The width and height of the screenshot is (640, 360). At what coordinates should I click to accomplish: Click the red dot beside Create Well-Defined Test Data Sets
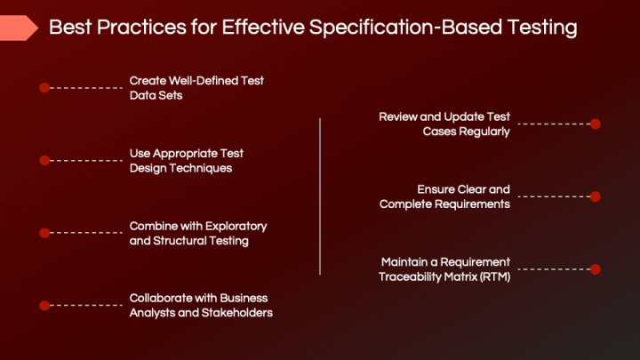(x=44, y=87)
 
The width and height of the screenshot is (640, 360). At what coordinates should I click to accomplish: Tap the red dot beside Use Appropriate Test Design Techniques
(x=44, y=160)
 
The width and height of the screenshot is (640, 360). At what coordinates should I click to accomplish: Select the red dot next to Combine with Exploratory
(x=44, y=233)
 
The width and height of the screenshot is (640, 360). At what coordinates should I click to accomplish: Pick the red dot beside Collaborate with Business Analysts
(x=44, y=306)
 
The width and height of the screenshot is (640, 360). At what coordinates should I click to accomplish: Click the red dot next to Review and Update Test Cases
(x=596, y=124)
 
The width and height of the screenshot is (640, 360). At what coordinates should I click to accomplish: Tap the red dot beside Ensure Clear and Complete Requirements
(x=596, y=196)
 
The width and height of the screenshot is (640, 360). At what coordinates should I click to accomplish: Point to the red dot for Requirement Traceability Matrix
(x=596, y=268)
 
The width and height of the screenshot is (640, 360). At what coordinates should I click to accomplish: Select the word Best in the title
(x=69, y=28)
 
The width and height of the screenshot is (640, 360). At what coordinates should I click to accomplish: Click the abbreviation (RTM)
(x=490, y=276)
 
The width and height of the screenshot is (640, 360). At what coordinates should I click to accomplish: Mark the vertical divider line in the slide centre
(x=320, y=196)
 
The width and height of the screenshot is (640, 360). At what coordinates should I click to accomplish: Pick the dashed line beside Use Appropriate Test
(x=86, y=160)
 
